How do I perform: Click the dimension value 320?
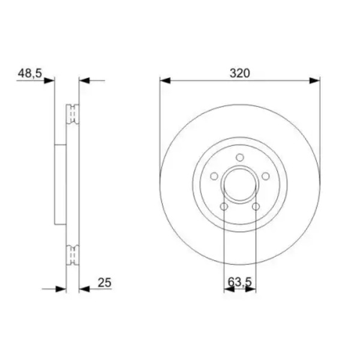click(239, 73)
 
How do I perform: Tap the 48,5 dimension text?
click(30, 73)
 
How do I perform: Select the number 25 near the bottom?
click(104, 283)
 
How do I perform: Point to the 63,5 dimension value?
click(239, 282)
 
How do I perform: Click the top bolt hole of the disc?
click(239, 157)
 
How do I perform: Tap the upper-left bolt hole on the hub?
click(214, 176)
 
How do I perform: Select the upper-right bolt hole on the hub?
click(266, 176)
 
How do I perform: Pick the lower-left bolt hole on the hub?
click(224, 206)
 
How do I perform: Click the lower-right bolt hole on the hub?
click(256, 206)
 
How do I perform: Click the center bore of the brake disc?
click(239, 185)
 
